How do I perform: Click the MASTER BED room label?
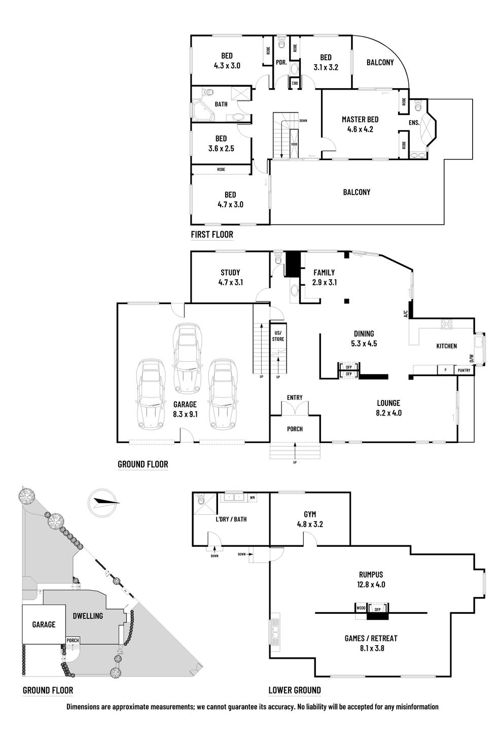(x=360, y=120)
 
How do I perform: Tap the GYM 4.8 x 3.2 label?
(x=310, y=519)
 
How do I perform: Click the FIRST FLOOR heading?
(x=212, y=235)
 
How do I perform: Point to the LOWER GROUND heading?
(x=294, y=690)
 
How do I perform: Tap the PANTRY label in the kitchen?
(x=464, y=370)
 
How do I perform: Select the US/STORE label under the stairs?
(x=278, y=336)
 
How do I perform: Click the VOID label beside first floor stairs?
(x=294, y=144)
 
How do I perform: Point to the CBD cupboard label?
(x=295, y=83)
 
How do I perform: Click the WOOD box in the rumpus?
(x=361, y=607)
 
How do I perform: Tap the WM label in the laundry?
(x=252, y=498)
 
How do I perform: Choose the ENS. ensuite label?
(x=414, y=123)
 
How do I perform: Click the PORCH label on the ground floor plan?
(x=295, y=429)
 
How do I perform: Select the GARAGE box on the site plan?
(x=44, y=624)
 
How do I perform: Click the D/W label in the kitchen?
(x=471, y=358)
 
